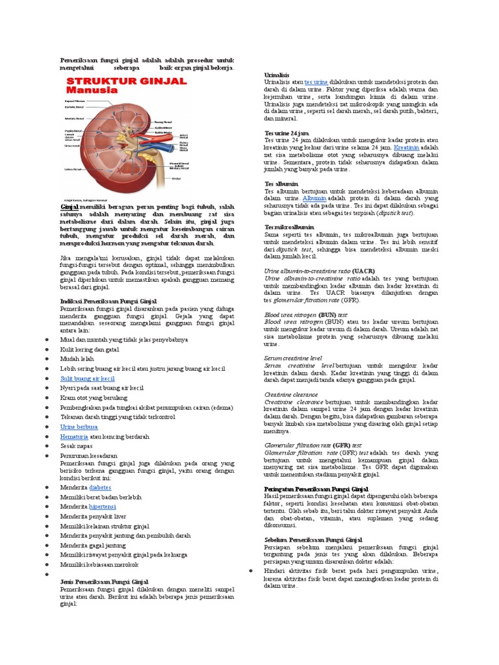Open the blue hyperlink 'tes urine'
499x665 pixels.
click(x=316, y=82)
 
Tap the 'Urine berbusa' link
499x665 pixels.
click(x=79, y=427)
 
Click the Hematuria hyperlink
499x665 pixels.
click(x=73, y=436)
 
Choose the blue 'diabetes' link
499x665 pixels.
click(x=100, y=486)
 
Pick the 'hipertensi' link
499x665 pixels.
click(x=103, y=506)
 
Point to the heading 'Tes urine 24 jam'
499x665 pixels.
click(x=287, y=133)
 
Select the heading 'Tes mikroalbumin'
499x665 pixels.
click(x=289, y=227)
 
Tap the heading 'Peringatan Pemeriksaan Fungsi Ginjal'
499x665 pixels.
click(x=316, y=489)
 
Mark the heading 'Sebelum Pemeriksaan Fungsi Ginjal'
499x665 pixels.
click(x=313, y=540)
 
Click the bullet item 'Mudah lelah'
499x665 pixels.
click(x=77, y=358)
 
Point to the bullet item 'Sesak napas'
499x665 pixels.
click(x=77, y=446)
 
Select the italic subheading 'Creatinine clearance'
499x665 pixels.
click(x=291, y=394)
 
